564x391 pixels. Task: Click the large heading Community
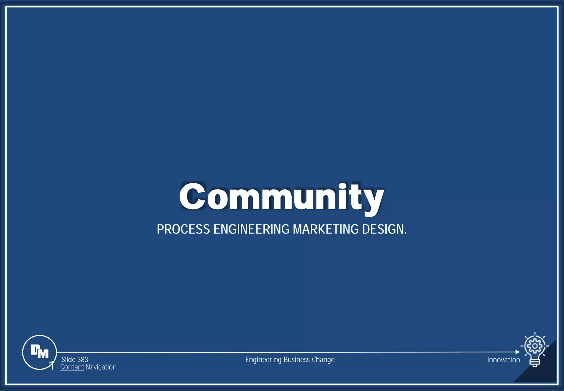click(281, 196)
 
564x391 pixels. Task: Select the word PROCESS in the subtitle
click(183, 229)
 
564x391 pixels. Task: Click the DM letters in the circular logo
click(39, 352)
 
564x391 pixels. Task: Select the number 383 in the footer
click(83, 360)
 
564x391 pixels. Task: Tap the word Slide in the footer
click(69, 360)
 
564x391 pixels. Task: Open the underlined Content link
click(72, 367)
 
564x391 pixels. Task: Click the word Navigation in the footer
click(101, 367)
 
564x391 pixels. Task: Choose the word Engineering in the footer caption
click(263, 360)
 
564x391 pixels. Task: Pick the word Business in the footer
click(297, 360)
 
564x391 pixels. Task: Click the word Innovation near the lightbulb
click(503, 360)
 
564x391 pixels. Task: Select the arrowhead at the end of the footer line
click(517, 352)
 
